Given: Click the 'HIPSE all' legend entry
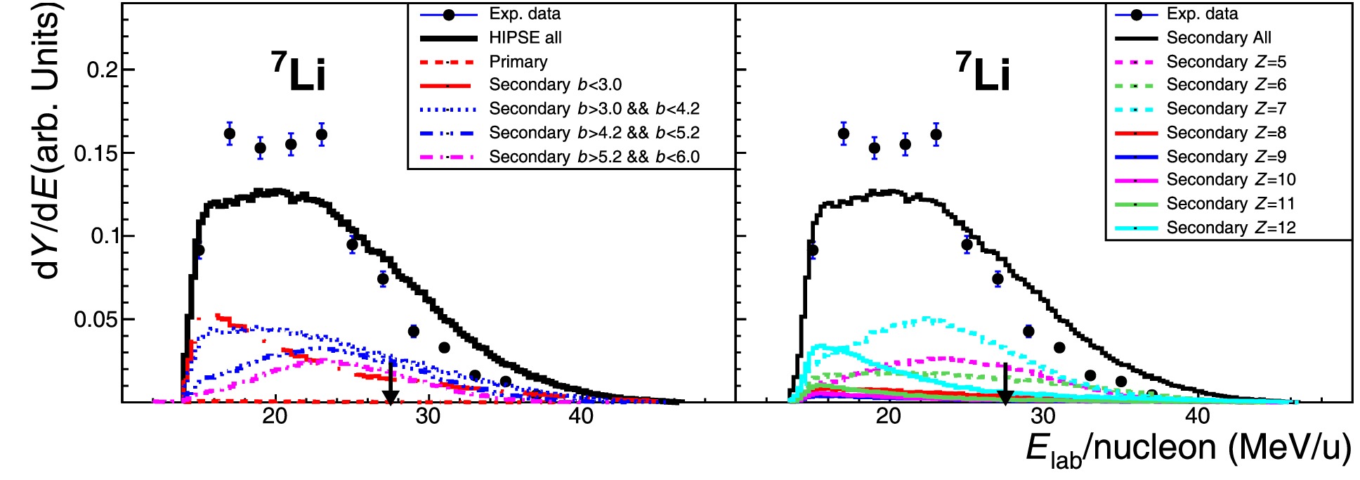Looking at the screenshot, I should tap(525, 38).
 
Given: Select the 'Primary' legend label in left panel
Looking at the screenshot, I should tap(518, 62).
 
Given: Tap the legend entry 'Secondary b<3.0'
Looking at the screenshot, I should tap(555, 85).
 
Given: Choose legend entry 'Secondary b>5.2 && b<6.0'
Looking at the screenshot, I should tap(594, 157).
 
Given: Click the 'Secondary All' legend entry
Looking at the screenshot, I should tap(1219, 38).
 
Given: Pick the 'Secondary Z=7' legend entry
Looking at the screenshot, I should tap(1227, 109).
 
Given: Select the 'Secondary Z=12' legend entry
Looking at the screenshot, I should tap(1231, 228).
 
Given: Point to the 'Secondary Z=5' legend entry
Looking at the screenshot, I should tap(1227, 62).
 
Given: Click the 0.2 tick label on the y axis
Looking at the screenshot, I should tap(101, 70).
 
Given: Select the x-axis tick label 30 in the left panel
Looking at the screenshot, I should tap(428, 416).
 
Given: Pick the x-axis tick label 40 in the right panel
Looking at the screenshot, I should tap(1197, 416).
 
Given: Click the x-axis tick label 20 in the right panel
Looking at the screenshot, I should tap(889, 416).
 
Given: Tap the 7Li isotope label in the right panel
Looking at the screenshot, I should tap(983, 72).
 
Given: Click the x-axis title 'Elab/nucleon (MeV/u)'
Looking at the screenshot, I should tap(1188, 450).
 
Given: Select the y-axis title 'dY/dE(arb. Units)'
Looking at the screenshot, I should tap(48, 141).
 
